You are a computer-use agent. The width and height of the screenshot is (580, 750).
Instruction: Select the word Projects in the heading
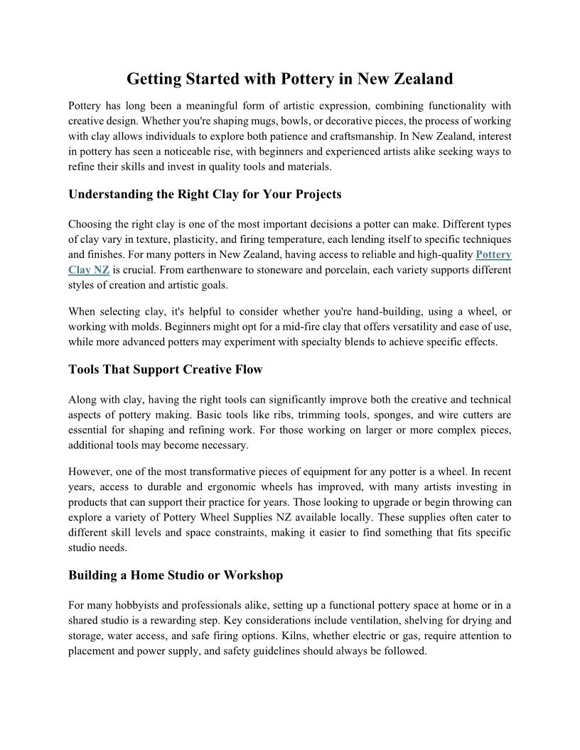(x=316, y=194)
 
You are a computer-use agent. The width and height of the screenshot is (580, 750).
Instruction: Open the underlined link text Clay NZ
(x=89, y=270)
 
